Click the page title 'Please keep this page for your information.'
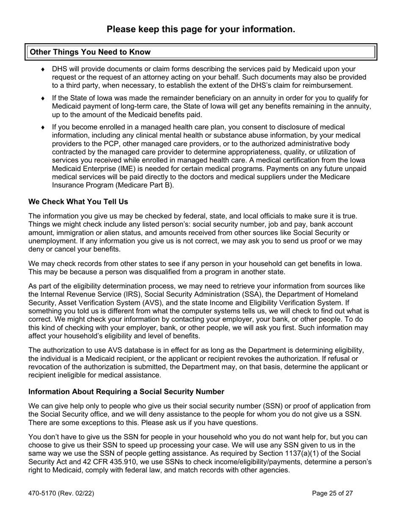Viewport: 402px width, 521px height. click(x=201, y=29)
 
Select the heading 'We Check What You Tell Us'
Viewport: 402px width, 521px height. click(x=78, y=201)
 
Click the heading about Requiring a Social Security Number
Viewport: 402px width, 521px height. click(x=126, y=391)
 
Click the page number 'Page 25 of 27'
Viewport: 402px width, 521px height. click(x=332, y=493)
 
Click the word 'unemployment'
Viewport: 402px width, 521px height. click(x=50, y=241)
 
